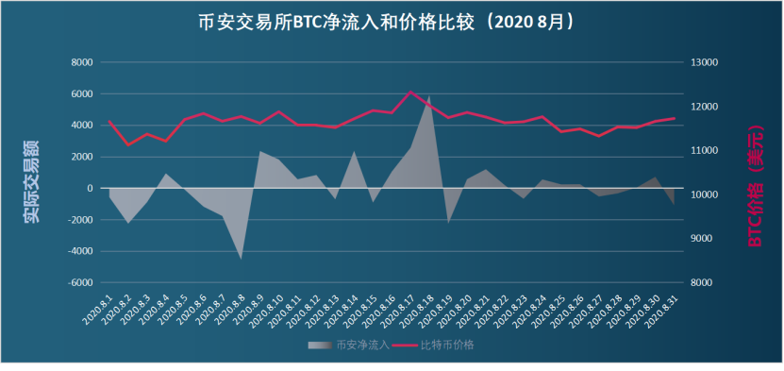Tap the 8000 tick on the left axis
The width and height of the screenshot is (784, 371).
(x=80, y=62)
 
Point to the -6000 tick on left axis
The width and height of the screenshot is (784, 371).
(x=78, y=283)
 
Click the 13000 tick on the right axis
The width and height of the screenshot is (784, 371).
(x=706, y=62)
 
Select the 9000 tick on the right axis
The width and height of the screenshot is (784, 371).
(x=703, y=239)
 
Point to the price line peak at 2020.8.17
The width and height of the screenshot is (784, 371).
(x=410, y=92)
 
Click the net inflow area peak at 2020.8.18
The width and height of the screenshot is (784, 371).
(x=429, y=95)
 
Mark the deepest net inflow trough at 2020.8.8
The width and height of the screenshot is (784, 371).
(x=241, y=258)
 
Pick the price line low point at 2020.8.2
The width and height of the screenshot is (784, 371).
(x=127, y=144)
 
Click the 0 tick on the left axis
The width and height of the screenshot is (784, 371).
(x=90, y=189)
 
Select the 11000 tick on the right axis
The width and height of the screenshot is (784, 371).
(x=706, y=151)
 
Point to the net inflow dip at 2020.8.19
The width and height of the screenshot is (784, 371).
(x=448, y=223)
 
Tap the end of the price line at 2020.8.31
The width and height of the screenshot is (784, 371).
(x=675, y=118)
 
